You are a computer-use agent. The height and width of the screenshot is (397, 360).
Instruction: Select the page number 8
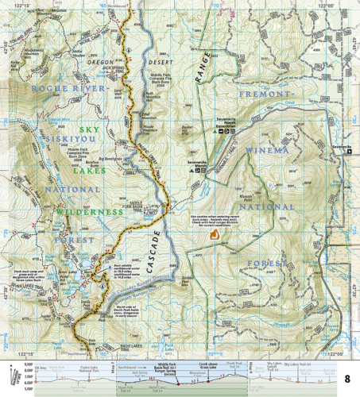coord(349,375)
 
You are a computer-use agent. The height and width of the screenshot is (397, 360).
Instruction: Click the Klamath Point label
coord(245,193)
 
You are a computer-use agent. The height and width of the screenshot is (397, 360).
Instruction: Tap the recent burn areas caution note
coord(215,219)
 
